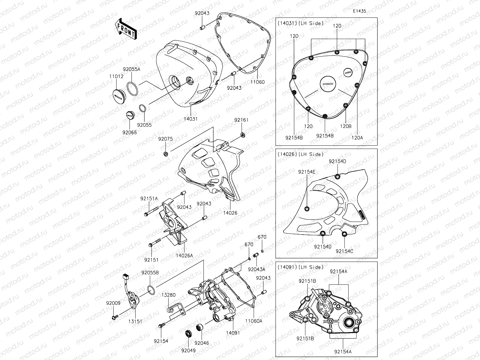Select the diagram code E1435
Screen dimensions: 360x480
click(359, 11)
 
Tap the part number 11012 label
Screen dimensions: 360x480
click(116, 76)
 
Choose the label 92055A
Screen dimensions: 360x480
click(131, 69)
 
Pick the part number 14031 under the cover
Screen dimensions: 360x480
click(190, 119)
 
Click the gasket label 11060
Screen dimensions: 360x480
click(257, 82)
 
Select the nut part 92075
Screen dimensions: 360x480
click(165, 154)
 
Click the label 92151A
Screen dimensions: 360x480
click(149, 198)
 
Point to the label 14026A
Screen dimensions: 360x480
click(184, 255)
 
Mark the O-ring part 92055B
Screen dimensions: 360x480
click(151, 290)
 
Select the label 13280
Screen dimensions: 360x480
click(168, 295)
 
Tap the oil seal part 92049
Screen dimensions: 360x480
click(189, 334)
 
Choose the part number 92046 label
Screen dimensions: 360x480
click(202, 343)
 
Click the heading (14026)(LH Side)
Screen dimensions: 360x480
click(300, 154)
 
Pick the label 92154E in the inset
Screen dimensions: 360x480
click(307, 172)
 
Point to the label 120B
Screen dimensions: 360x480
click(345, 126)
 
